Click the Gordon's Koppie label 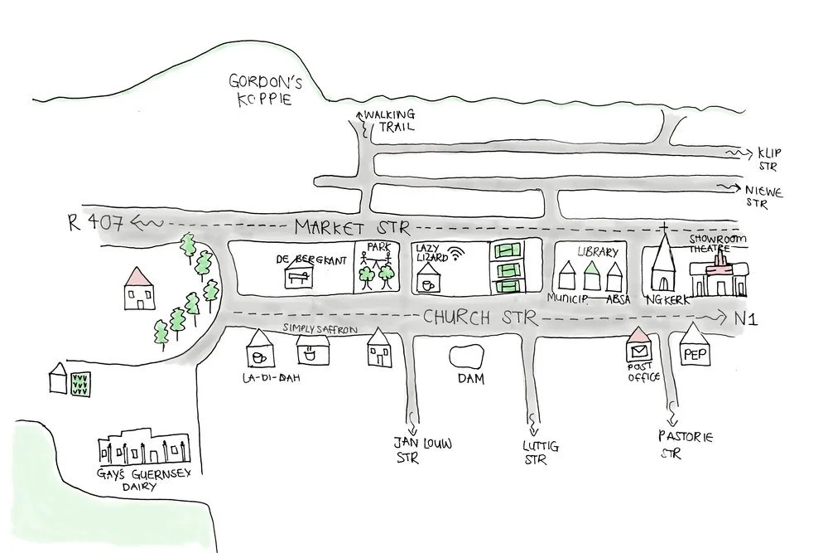tap(263, 89)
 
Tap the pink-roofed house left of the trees tap(138, 289)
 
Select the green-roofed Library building tap(591, 276)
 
